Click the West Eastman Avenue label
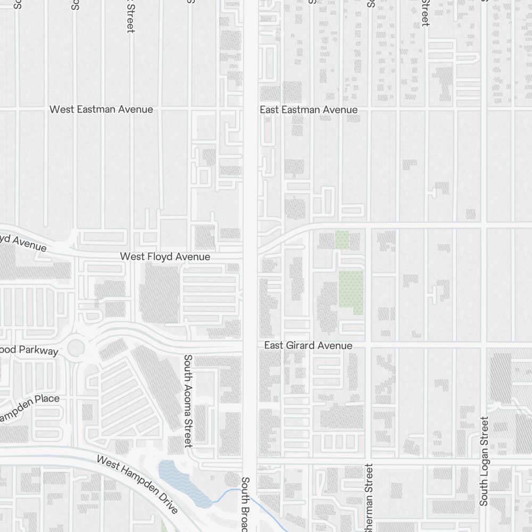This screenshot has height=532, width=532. tap(101, 110)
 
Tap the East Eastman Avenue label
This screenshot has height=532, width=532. tap(309, 110)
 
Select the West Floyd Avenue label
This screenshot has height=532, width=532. tap(165, 256)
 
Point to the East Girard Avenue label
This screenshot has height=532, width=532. tap(308, 346)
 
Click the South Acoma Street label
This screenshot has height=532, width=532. tap(188, 401)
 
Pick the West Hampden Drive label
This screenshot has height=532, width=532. tap(137, 484)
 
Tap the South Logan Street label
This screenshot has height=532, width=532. tap(484, 461)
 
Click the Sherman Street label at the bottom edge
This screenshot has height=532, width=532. tap(369, 497)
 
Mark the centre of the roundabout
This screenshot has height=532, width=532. tap(76, 348)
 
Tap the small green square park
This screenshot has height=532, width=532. tap(342, 240)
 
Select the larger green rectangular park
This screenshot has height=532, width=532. tap(351, 292)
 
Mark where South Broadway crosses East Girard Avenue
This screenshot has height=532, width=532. tap(250, 346)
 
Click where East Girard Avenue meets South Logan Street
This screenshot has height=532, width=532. tap(483, 346)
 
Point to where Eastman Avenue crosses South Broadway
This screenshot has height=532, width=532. tap(250, 110)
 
